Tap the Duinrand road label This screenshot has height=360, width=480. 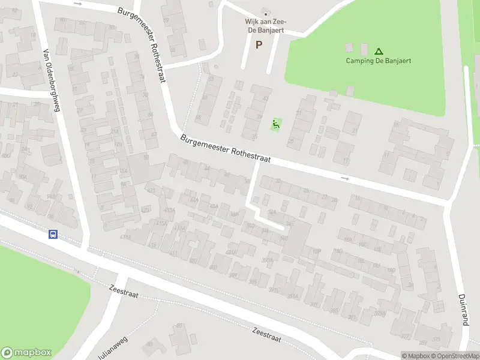[463, 310]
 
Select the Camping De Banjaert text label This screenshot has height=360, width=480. [379, 61]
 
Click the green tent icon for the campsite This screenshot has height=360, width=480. [379, 51]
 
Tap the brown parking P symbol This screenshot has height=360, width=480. [259, 44]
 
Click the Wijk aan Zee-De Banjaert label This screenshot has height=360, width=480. [264, 25]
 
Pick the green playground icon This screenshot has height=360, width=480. [276, 124]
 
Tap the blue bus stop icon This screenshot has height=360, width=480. [53, 235]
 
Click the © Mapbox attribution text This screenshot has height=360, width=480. [416, 356]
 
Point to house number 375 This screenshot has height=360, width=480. [436, 340]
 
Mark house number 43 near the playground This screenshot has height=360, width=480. [266, 98]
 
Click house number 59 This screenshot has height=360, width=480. [166, 20]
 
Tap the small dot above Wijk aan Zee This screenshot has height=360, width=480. [265, 14]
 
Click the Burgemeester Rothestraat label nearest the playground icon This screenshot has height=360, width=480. [226, 148]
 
